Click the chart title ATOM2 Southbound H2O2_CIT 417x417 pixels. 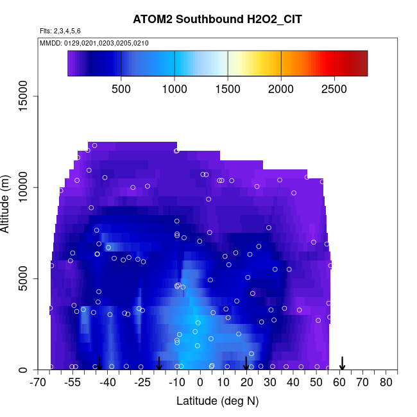pyautogui.click(x=217, y=19)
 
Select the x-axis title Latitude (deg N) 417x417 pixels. pyautogui.click(x=217, y=401)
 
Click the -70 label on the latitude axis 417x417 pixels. pyautogui.click(x=38, y=383)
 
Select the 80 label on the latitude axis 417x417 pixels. pyautogui.click(x=386, y=383)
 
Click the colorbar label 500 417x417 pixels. pyautogui.click(x=121, y=89)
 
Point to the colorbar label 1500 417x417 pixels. pyautogui.click(x=228, y=89)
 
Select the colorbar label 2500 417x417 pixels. pyautogui.click(x=334, y=89)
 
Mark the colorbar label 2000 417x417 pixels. pyautogui.click(x=281, y=89)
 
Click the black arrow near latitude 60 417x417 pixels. pyautogui.click(x=343, y=363)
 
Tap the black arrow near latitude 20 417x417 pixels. pyautogui.click(x=246, y=363)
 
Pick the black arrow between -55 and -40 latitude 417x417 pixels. pyautogui.click(x=99, y=363)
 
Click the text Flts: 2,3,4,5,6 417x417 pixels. pyautogui.click(x=60, y=31)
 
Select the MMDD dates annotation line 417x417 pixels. pyautogui.click(x=94, y=44)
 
